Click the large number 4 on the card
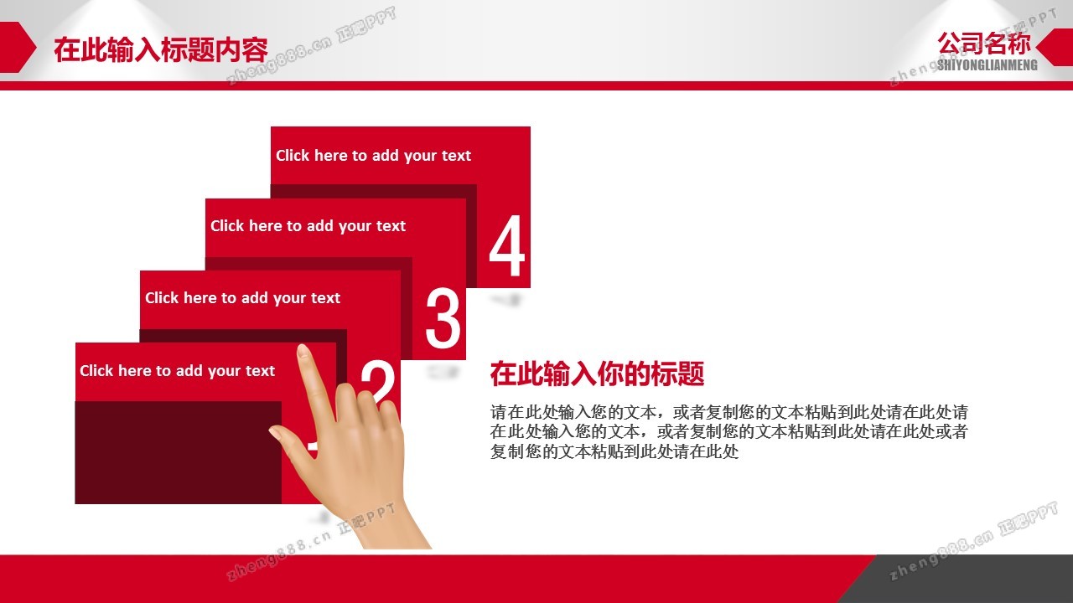(507, 245)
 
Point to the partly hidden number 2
(378, 383)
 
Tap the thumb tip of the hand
(274, 431)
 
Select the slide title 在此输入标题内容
(160, 49)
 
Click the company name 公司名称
(984, 44)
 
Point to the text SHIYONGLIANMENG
(987, 65)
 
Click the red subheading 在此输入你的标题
(597, 374)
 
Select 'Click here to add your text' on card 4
(373, 156)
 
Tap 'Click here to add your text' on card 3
(308, 226)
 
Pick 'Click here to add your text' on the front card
(177, 371)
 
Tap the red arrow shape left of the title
(18, 48)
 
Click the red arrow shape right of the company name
(1055, 47)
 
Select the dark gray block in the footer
(963, 579)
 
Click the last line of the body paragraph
(614, 451)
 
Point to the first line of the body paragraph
(729, 412)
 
